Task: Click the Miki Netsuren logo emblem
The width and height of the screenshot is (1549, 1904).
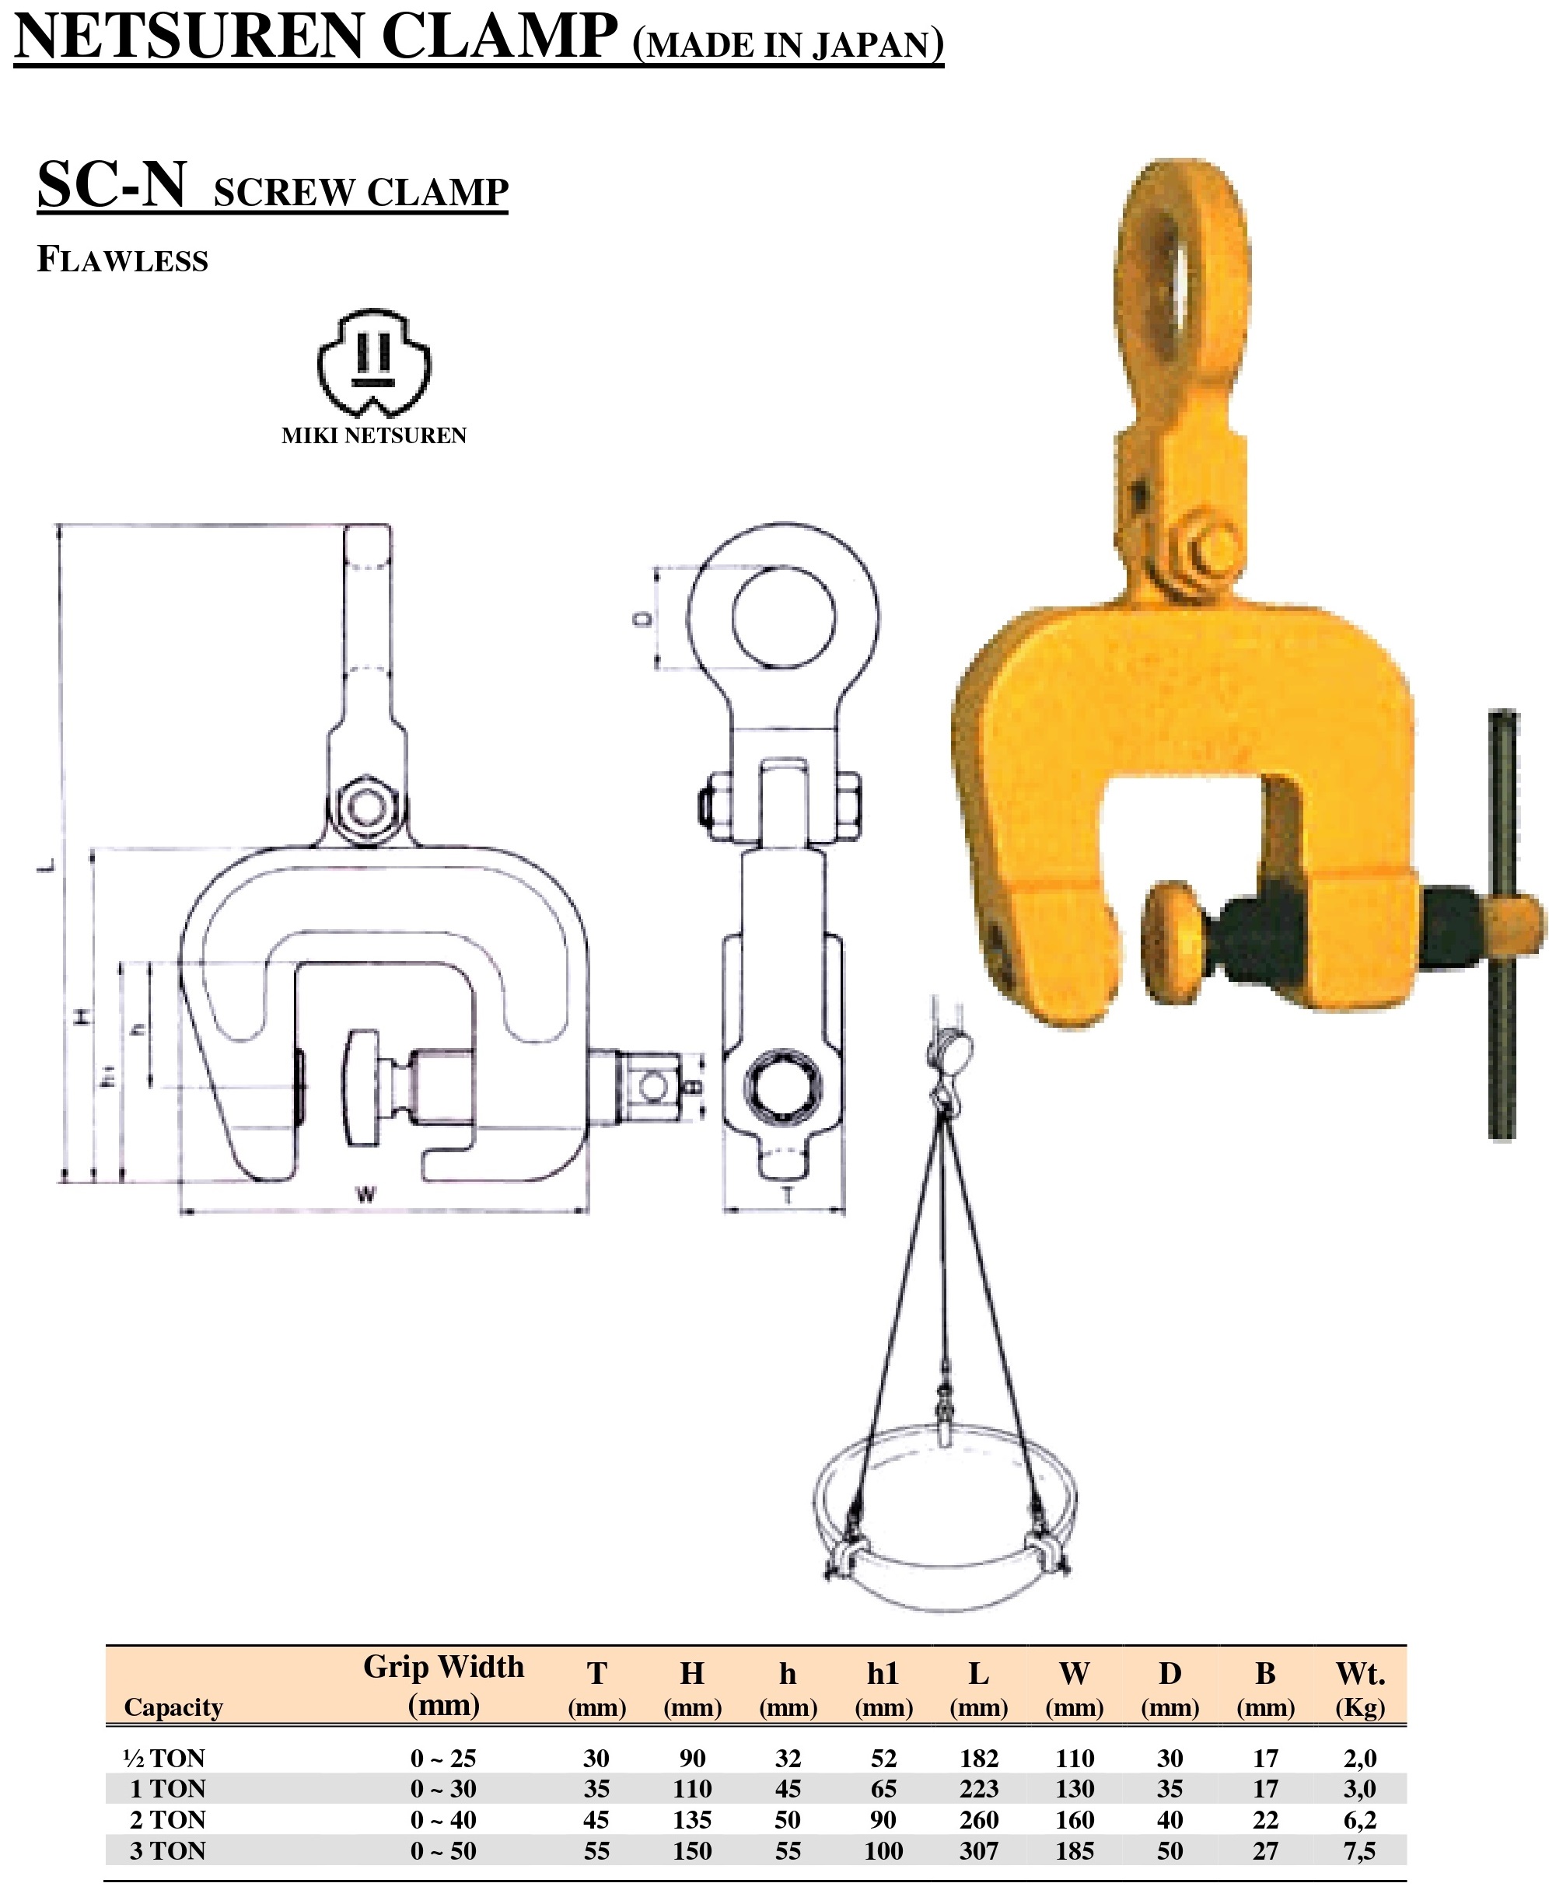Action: (x=374, y=362)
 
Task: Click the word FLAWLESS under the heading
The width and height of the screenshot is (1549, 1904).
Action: (x=122, y=260)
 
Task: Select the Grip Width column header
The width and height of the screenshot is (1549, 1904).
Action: (x=443, y=1686)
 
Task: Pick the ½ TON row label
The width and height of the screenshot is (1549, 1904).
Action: (x=164, y=1758)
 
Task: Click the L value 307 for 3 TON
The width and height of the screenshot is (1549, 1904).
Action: (x=979, y=1850)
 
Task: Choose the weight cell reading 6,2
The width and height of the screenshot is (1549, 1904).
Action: (x=1360, y=1819)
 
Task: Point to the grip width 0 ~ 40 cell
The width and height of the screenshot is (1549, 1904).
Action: (x=443, y=1819)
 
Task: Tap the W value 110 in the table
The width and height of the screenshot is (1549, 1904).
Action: (x=1075, y=1758)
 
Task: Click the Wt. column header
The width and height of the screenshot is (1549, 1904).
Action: (x=1360, y=1688)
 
